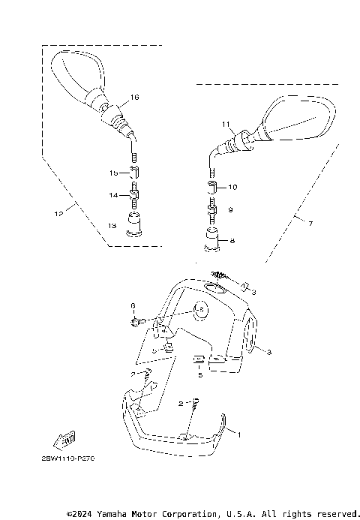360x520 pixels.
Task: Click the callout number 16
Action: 135,98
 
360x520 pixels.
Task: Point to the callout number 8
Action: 232,241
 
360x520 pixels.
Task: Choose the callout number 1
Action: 240,434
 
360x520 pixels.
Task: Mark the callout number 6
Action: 133,306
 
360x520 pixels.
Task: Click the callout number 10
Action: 232,187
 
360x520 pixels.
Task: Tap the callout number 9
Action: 232,211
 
